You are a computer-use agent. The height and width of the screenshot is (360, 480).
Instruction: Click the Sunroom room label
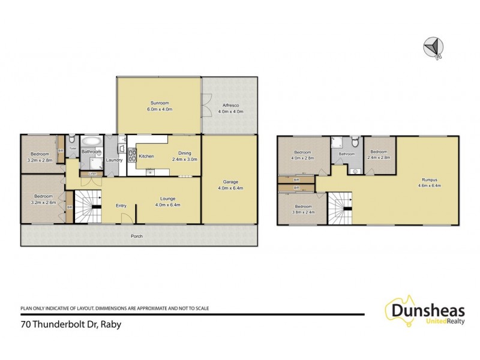point(160,103)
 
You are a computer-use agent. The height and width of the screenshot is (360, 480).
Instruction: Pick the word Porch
point(137,236)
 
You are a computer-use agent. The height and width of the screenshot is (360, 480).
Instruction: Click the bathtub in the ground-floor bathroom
point(92,142)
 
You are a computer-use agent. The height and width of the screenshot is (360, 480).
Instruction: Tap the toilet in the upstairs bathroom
point(355,143)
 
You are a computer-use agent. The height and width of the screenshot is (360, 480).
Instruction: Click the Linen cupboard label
point(92,174)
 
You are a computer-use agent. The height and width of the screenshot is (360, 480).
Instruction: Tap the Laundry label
point(114,160)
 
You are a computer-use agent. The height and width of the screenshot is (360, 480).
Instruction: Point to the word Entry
point(121,206)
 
